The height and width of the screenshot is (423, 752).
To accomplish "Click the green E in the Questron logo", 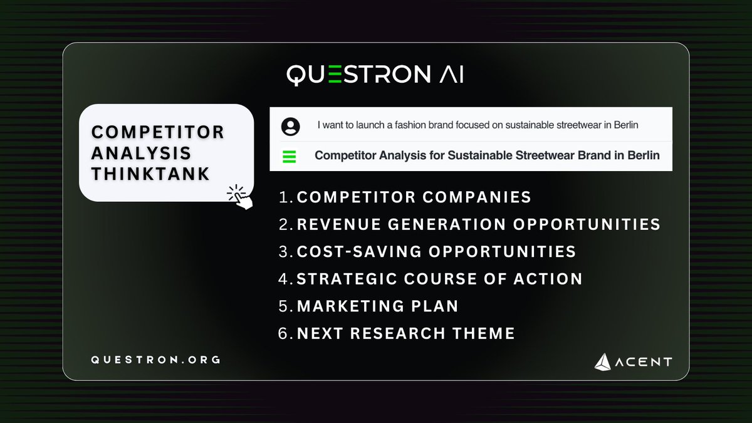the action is tap(335, 74).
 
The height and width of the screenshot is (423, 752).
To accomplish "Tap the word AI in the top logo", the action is tap(452, 74).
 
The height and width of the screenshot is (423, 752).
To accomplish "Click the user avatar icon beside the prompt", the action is tap(290, 127).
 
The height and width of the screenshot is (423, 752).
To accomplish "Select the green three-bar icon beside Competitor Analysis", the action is tap(289, 157).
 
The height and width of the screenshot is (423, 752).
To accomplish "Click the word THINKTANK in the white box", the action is tap(150, 174).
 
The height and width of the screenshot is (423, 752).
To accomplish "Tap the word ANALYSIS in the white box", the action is tap(141, 153).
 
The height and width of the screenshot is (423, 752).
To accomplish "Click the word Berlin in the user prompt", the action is tap(626, 125).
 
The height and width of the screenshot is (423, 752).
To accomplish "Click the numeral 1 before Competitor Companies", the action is tap(283, 197).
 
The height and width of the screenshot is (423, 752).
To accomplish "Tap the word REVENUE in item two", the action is tap(339, 224).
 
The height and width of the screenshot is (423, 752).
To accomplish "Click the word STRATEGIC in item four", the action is tap(347, 279).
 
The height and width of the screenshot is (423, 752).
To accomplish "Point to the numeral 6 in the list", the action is tap(283, 333).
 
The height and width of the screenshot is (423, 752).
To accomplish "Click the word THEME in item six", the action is tap(483, 333).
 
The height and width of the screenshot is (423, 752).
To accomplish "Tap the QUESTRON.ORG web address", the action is tap(155, 360).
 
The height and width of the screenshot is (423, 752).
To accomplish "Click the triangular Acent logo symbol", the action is tap(603, 362).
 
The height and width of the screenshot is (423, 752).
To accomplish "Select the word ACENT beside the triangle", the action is tap(644, 362).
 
